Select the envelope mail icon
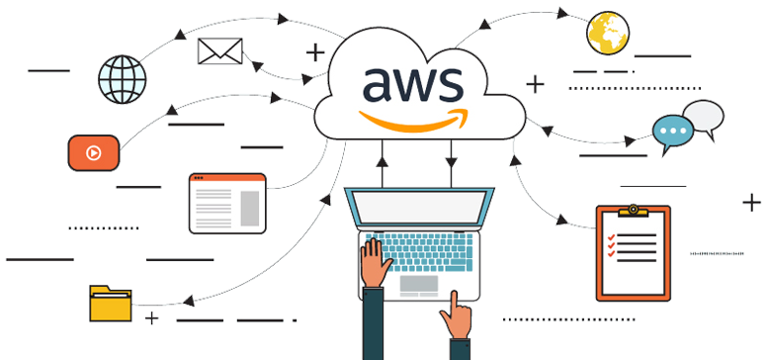tap(219, 51)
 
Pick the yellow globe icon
tap(608, 35)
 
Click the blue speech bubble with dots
tap(674, 131)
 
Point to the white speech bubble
tap(705, 115)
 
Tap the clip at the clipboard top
tap(633, 211)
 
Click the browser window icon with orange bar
tap(227, 204)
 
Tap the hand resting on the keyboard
tap(374, 264)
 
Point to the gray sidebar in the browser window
tap(248, 207)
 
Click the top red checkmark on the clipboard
tap(612, 237)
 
